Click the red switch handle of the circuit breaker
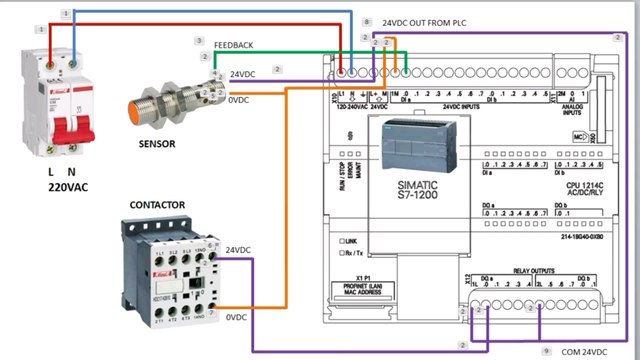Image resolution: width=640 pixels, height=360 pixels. pyautogui.click(x=63, y=130)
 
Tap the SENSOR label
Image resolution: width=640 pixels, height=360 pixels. pyautogui.click(x=157, y=144)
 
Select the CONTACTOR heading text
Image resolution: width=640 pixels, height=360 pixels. pyautogui.click(x=158, y=205)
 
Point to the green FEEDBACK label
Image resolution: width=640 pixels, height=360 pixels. pyautogui.click(x=233, y=46)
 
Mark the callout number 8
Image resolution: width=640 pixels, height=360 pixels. pyautogui.click(x=367, y=21)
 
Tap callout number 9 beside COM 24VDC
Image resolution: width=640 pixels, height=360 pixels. pyautogui.click(x=547, y=353)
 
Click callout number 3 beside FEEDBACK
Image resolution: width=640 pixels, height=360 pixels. pyautogui.click(x=200, y=41)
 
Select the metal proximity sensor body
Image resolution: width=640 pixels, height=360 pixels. pyautogui.click(x=170, y=100)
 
